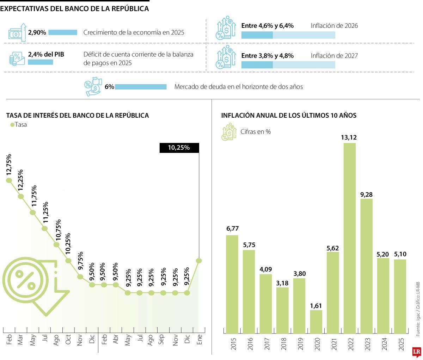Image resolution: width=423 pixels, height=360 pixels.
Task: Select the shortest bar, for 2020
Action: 316,322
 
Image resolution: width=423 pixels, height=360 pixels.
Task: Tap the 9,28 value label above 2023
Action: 366,194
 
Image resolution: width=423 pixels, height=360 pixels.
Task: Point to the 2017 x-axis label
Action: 267,344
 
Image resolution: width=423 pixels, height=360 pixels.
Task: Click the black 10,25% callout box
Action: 179,148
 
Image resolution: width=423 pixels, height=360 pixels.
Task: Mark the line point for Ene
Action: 199,261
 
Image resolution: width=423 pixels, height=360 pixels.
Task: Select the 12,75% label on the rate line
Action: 9,165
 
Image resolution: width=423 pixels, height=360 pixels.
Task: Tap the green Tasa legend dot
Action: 12,125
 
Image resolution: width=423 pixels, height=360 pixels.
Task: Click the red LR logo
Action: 417,351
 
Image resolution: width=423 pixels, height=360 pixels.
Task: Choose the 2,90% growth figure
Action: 37,32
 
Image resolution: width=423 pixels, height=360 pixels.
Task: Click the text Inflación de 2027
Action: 334,56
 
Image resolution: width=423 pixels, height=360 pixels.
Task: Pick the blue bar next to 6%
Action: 141,87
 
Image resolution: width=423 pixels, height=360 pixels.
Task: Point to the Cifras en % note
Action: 256,132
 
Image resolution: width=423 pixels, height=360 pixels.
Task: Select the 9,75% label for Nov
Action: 80,261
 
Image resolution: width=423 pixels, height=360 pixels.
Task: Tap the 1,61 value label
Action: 316,306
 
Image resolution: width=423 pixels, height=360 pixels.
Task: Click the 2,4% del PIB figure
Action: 46,54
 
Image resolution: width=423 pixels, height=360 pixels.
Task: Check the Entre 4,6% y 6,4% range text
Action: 267,26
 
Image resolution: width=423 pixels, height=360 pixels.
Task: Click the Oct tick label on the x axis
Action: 68,340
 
